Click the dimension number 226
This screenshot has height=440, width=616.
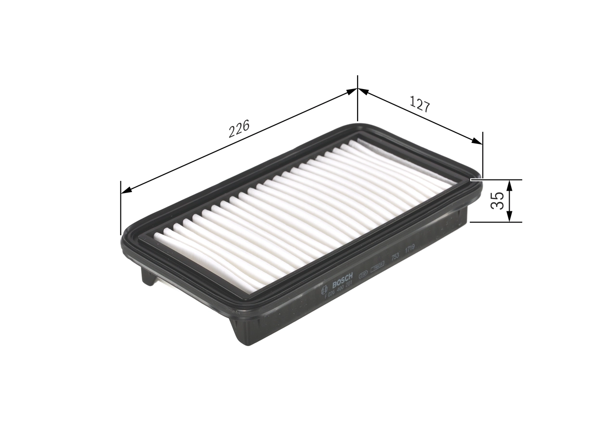point(239,129)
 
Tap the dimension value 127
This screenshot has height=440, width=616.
point(420,104)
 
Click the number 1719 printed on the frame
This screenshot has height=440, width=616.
point(410,248)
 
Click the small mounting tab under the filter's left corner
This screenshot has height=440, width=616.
point(149,277)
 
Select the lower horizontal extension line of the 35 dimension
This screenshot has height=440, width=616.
point(496,222)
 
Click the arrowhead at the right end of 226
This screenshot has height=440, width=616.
point(352,91)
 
